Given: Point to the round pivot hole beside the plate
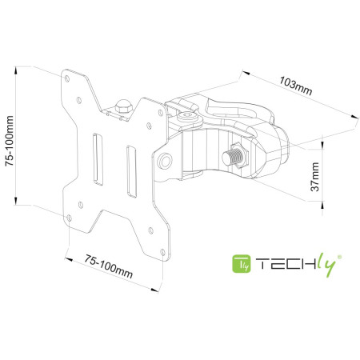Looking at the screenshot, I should coord(164,160).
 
